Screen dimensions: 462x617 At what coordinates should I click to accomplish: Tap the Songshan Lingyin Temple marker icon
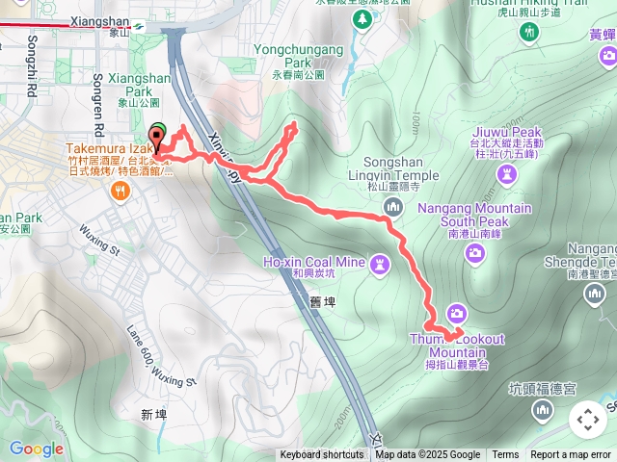[x=392, y=207]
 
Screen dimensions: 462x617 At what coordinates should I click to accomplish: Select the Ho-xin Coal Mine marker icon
[x=382, y=262]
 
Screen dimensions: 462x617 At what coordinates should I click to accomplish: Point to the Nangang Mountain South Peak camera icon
[x=474, y=253]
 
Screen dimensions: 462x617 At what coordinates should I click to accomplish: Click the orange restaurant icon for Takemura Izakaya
[x=121, y=191]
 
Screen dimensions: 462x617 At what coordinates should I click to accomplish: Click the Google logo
[x=35, y=449]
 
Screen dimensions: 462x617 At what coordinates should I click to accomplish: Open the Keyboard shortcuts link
[x=322, y=455]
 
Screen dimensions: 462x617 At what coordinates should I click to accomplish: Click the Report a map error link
[x=571, y=455]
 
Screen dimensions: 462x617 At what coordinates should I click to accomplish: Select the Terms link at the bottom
[x=505, y=455]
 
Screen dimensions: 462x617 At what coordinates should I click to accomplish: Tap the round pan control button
[x=588, y=420]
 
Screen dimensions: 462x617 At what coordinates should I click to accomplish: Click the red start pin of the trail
[x=155, y=139]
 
